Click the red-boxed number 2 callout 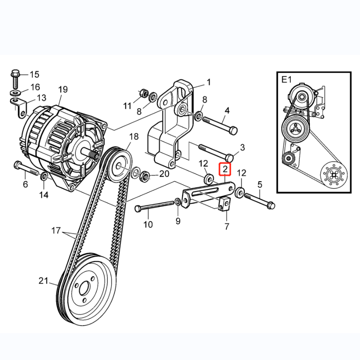[225, 169]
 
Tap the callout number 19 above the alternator [63, 89]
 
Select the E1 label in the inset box [286, 80]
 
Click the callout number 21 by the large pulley [43, 281]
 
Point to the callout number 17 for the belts [56, 230]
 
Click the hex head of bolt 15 [15, 73]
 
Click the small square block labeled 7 [224, 203]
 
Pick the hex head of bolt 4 [233, 131]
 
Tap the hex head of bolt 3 [230, 158]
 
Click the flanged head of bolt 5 [271, 205]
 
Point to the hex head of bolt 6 [17, 165]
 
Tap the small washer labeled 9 [178, 202]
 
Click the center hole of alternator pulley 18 [119, 166]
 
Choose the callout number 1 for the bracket [208, 82]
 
